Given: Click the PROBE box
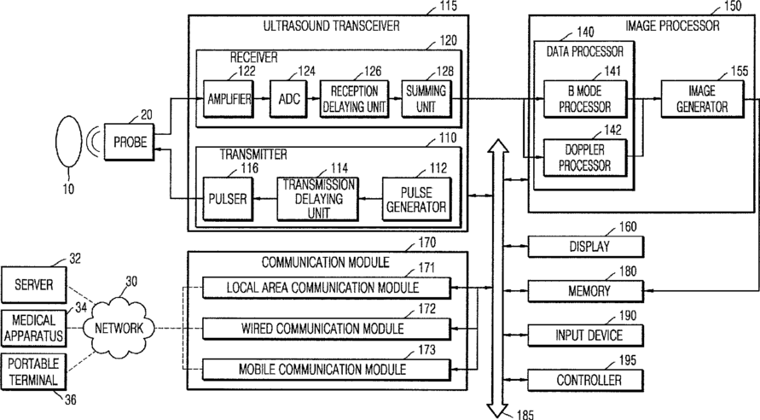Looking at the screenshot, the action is (130, 142).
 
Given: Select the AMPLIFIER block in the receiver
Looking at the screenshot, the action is (229, 99).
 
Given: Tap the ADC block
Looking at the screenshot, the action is (288, 99).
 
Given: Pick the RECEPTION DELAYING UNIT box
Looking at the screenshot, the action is (355, 99).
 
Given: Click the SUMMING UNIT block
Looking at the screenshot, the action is (426, 99).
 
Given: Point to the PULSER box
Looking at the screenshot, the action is (228, 199).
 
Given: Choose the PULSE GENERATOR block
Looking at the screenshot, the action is (416, 200).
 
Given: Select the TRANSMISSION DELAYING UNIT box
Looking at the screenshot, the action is (318, 199).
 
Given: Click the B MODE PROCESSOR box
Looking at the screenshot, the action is (585, 99).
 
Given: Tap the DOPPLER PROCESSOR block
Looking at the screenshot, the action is (585, 158).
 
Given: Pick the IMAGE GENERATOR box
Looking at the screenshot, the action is (702, 99).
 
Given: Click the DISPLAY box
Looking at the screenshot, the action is (586, 247).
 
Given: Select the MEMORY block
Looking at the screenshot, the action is (586, 291).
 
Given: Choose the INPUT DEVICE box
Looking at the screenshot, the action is (586, 335).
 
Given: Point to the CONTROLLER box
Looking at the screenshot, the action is (586, 380).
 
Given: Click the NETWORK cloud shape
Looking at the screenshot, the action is (119, 329).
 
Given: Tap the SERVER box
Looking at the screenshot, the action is (33, 284).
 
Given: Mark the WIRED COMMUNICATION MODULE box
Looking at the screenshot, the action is (326, 329).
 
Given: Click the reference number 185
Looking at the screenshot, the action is (525, 415).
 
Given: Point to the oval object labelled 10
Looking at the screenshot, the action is (69, 142).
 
